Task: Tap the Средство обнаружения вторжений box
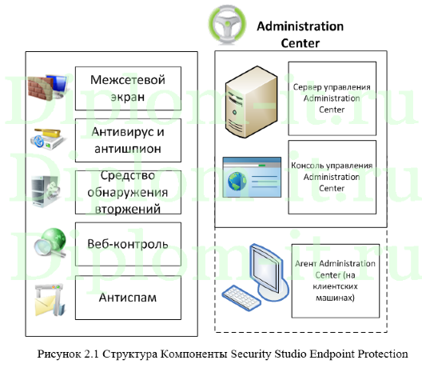point(127,191)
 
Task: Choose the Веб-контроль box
point(127,243)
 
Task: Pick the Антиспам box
point(127,298)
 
